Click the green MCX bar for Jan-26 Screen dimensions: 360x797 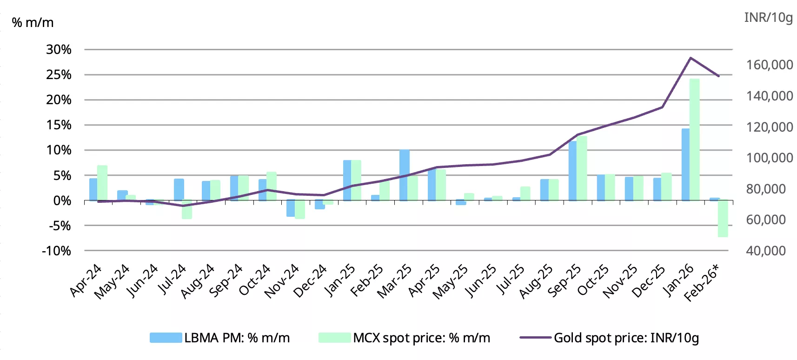tap(694, 140)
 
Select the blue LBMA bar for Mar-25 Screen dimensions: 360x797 tap(404, 175)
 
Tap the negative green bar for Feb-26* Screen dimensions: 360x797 tap(723, 219)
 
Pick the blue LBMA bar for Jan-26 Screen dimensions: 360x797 tap(685, 165)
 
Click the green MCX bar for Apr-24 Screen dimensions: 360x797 tap(102, 183)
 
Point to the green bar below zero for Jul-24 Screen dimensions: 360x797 tap(187, 210)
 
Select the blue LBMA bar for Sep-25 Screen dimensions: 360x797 tap(572, 171)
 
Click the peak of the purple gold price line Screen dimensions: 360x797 tap(691, 58)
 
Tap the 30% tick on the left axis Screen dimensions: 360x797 tap(59, 49)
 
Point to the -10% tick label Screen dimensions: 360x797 tap(57, 251)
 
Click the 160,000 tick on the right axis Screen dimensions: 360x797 tap(770, 65)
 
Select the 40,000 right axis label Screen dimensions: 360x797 tap(766, 251)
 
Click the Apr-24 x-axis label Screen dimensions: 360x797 tap(86, 280)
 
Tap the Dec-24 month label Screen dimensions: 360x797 tap(310, 280)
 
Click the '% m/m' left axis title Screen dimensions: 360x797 tap(33, 22)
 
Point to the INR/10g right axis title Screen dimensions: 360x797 tap(768, 17)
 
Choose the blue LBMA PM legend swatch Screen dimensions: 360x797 tap(166, 338)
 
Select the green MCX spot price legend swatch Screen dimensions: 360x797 tap(334, 338)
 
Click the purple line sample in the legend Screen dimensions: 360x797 tap(535, 338)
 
